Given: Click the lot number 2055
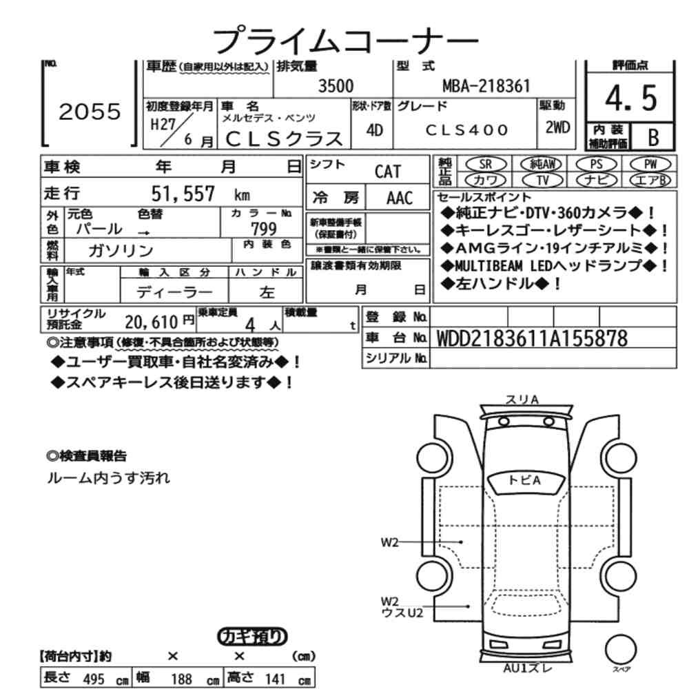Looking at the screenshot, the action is point(90,112).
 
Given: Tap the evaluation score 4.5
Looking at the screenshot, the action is point(631,98).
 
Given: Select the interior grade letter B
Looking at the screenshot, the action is point(653,137).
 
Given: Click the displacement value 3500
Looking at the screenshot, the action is point(336,85).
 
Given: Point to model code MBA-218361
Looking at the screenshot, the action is point(486,86).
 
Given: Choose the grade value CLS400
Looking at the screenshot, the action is point(466,130).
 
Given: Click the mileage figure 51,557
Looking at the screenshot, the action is point(183,194).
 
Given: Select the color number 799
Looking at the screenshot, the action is point(264,229).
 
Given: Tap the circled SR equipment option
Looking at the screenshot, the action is point(486,165).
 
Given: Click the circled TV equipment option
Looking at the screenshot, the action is point(543,180).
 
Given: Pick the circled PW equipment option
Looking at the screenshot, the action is point(650,165).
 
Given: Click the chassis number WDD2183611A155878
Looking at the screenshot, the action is point(532,338).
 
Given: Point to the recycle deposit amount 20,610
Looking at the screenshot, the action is point(151,322).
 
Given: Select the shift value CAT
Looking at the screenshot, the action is point(387,172).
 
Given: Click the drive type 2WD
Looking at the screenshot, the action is point(557,127).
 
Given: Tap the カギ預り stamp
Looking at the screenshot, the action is point(252,637).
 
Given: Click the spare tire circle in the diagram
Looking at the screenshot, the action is point(621,649).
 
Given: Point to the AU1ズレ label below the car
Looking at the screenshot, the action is point(527,668).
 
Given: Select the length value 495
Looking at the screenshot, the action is point(94,679).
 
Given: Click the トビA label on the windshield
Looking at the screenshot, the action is point(524,480).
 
